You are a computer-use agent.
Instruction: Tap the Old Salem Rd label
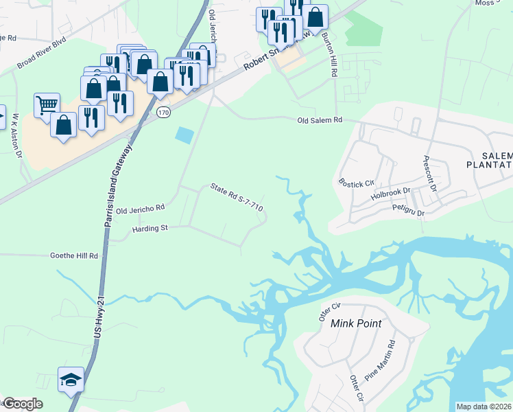tap(320, 120)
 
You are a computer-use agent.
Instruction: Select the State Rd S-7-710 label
tap(237, 197)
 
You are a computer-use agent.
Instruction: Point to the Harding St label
tap(150, 228)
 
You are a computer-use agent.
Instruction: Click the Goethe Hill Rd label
tap(74, 255)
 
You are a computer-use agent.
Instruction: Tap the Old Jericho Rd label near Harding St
tap(141, 209)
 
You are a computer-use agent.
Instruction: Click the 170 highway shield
tap(163, 111)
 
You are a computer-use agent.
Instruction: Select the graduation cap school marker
tap(70, 380)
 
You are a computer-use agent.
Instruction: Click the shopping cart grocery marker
tap(47, 105)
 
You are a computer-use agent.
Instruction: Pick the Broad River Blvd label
tap(41, 52)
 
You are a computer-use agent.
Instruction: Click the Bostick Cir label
tap(356, 183)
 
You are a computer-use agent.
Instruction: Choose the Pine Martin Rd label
tap(381, 362)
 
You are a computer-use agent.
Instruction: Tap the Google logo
tap(23, 404)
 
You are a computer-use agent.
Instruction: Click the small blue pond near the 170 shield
tap(184, 135)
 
